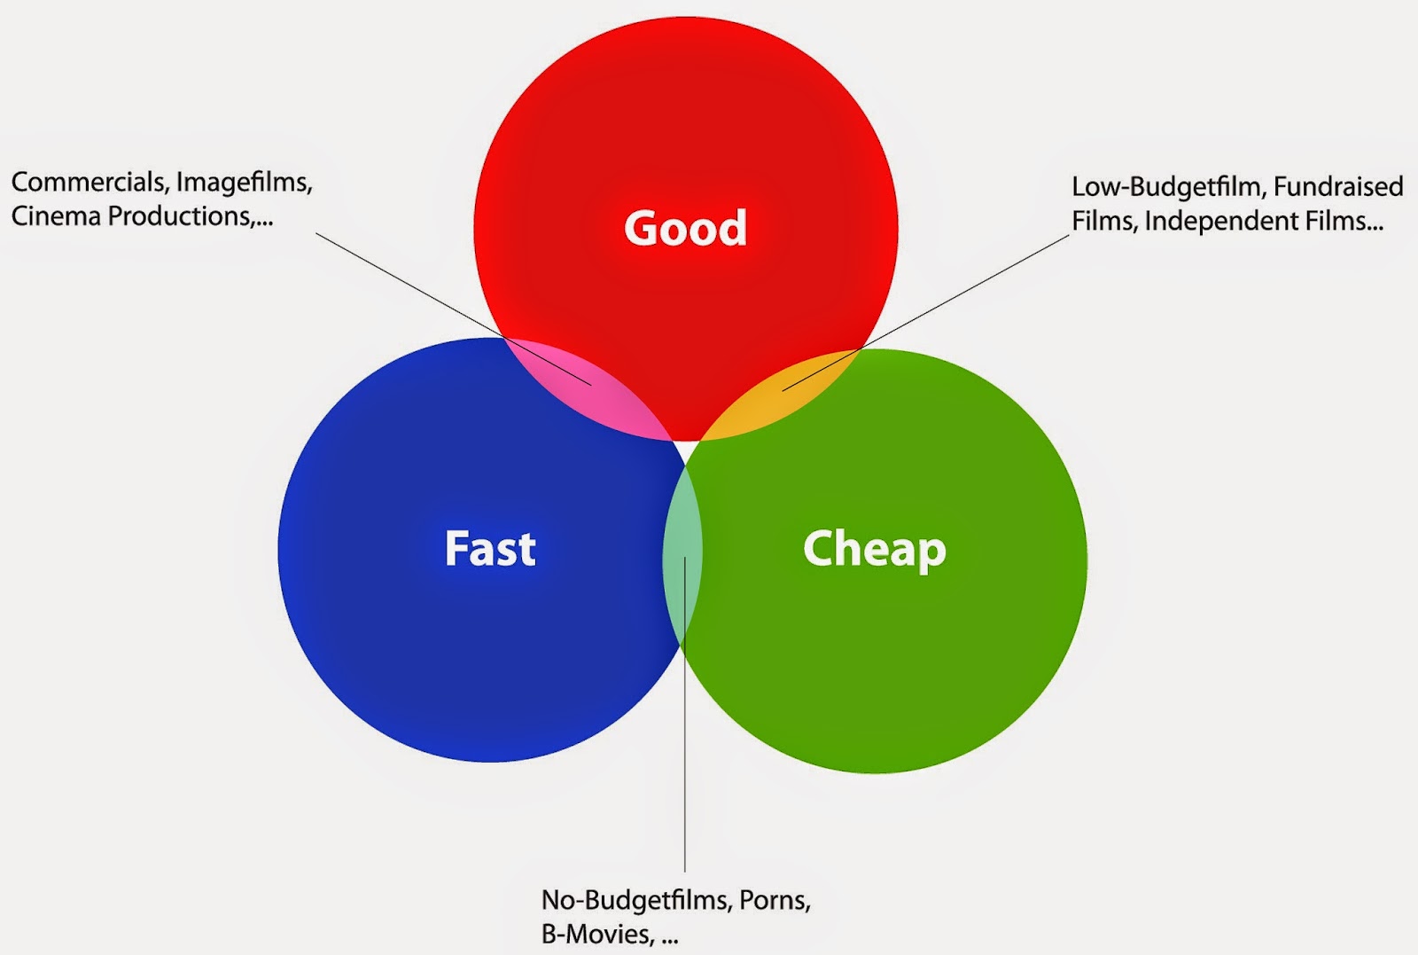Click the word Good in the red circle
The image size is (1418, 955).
pos(685,228)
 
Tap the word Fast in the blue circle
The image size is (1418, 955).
pos(490,548)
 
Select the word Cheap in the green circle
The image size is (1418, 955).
pos(874,549)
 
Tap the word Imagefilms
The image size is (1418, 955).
pos(244,182)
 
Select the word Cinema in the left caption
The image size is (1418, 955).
pos(56,215)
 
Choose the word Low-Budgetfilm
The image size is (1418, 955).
pos(1167,186)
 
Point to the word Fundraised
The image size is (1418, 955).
pos(1338,186)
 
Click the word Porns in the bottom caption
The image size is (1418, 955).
pos(774,900)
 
